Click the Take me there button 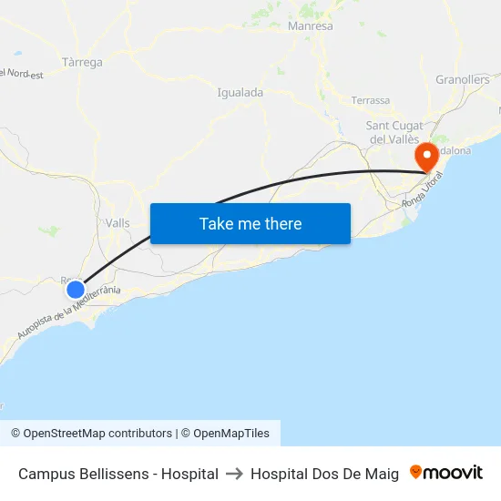(x=250, y=224)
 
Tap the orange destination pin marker (x=425, y=158)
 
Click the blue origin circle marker (x=76, y=290)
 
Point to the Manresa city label (x=310, y=26)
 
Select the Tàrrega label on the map (x=82, y=63)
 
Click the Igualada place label (x=240, y=92)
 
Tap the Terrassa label (x=370, y=100)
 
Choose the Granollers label (x=463, y=80)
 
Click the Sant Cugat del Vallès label (x=394, y=132)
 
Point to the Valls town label (x=118, y=223)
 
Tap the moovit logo (x=446, y=473)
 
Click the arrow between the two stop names (x=234, y=474)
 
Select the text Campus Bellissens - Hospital (x=118, y=474)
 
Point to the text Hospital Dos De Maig (x=324, y=474)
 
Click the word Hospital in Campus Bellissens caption (x=189, y=474)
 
